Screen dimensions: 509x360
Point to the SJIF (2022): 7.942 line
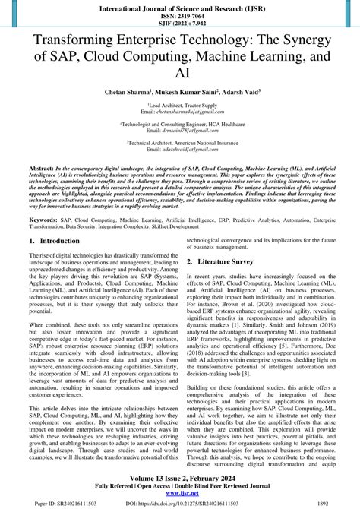(179, 23)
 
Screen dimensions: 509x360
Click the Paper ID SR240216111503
(55, 503)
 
